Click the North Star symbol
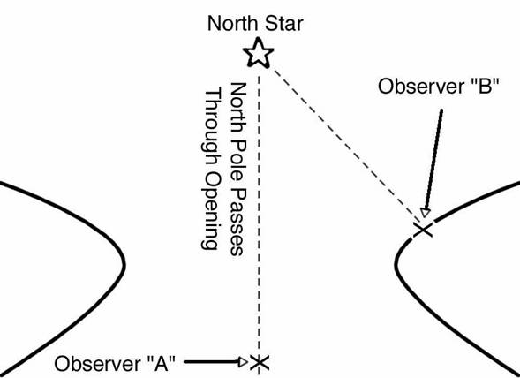[259, 53]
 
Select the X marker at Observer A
[259, 362]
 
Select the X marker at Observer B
[423, 230]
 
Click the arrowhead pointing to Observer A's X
[243, 362]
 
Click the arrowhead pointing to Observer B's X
[425, 212]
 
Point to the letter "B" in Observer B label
[486, 87]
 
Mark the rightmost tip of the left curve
[124, 265]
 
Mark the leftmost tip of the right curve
[396, 264]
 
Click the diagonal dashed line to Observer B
[345, 144]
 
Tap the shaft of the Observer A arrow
[212, 362]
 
